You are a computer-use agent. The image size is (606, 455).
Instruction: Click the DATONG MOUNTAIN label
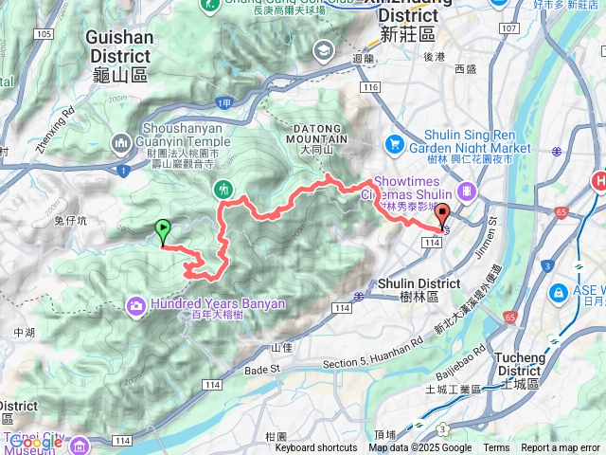[315, 136]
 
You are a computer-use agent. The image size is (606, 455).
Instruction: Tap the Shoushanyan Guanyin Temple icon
[121, 143]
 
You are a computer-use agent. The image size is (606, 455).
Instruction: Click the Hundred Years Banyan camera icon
[137, 304]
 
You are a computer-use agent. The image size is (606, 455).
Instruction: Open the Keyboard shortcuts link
[316, 447]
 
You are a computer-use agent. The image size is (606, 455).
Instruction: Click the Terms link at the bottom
[496, 447]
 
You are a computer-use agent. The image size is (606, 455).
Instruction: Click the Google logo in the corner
[36, 441]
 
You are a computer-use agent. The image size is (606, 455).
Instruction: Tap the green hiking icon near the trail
[223, 189]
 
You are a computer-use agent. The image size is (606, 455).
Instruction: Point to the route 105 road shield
[42, 35]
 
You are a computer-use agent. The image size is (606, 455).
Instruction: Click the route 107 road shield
[508, 27]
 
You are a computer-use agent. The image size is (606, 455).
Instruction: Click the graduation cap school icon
[325, 49]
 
